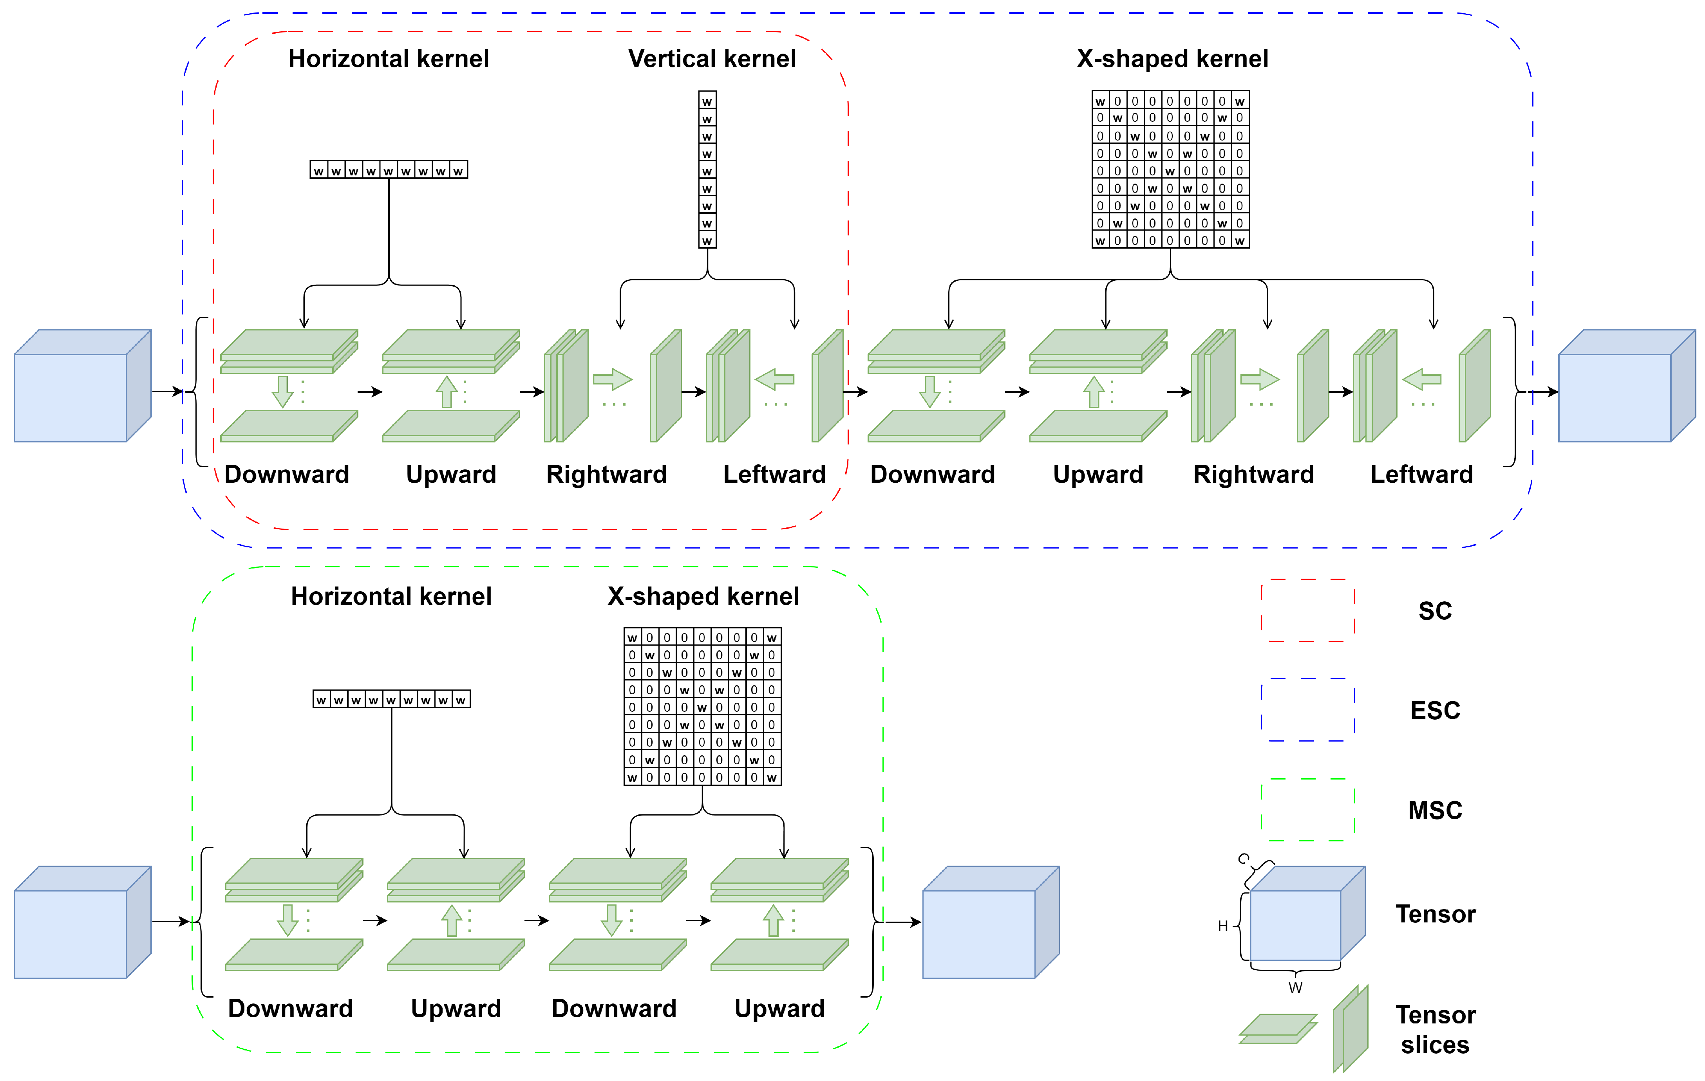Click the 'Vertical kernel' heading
712,59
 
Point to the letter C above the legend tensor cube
1243,859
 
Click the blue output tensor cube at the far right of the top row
1626,386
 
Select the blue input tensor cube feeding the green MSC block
82,922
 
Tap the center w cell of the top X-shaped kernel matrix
1170,171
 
